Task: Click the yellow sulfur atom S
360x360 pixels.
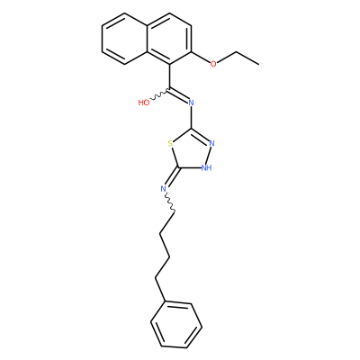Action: (x=170, y=144)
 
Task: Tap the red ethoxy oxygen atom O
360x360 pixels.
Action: (x=213, y=64)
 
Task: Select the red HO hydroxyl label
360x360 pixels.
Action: (x=144, y=103)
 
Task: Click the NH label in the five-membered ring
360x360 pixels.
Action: (x=207, y=167)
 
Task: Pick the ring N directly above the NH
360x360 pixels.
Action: (x=212, y=143)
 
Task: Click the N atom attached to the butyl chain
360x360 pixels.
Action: (x=163, y=189)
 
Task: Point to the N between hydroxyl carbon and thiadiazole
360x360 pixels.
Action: (x=191, y=103)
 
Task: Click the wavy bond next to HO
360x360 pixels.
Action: (x=159, y=94)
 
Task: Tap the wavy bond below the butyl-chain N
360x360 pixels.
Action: (x=170, y=203)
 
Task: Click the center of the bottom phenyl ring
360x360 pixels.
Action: (x=176, y=326)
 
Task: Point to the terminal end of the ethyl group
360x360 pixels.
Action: (x=259, y=64)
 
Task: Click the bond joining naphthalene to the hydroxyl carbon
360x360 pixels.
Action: (x=170, y=76)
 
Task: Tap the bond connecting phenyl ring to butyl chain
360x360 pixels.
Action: (x=159, y=290)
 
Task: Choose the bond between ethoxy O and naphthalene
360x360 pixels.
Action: (x=201, y=58)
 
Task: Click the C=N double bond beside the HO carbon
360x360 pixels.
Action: (x=179, y=94)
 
